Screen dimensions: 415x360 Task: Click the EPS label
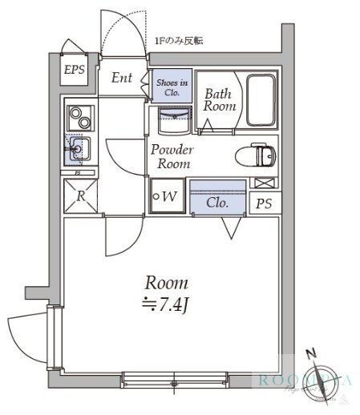[75, 69]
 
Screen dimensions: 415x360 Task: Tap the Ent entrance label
[122, 78]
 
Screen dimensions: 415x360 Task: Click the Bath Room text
[219, 100]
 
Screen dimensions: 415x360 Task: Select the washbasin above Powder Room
[172, 122]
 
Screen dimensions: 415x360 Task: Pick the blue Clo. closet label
[217, 203]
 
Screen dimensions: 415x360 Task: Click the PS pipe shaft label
[263, 203]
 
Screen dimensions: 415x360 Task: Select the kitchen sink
[79, 147]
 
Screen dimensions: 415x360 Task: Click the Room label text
[167, 282]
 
